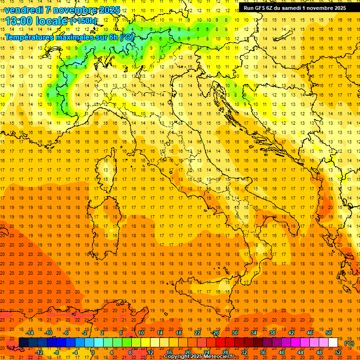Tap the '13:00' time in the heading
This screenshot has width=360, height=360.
click(x=19, y=21)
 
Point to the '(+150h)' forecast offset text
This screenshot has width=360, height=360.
click(x=84, y=21)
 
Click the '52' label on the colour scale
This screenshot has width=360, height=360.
click(x=338, y=352)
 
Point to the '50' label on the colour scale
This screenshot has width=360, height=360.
click(x=329, y=333)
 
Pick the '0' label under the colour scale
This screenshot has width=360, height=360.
click(x=92, y=352)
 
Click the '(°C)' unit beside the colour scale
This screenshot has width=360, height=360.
click(x=350, y=343)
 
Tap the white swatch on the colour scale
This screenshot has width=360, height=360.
click(x=333, y=343)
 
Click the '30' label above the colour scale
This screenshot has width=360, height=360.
click(x=234, y=333)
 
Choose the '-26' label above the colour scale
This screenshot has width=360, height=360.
click(x=215, y=333)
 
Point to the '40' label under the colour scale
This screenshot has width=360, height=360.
click(x=282, y=352)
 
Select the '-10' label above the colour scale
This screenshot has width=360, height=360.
click(x=48, y=333)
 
